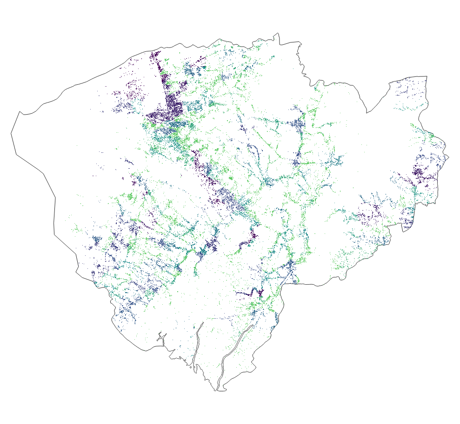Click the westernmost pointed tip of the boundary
[12, 134]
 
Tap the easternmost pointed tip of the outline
[449, 157]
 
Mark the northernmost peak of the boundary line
[278, 33]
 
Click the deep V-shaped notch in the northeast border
[367, 112]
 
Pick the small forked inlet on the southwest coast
[160, 335]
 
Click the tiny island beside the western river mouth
[192, 367]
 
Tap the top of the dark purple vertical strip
[154, 55]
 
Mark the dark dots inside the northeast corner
[409, 89]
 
